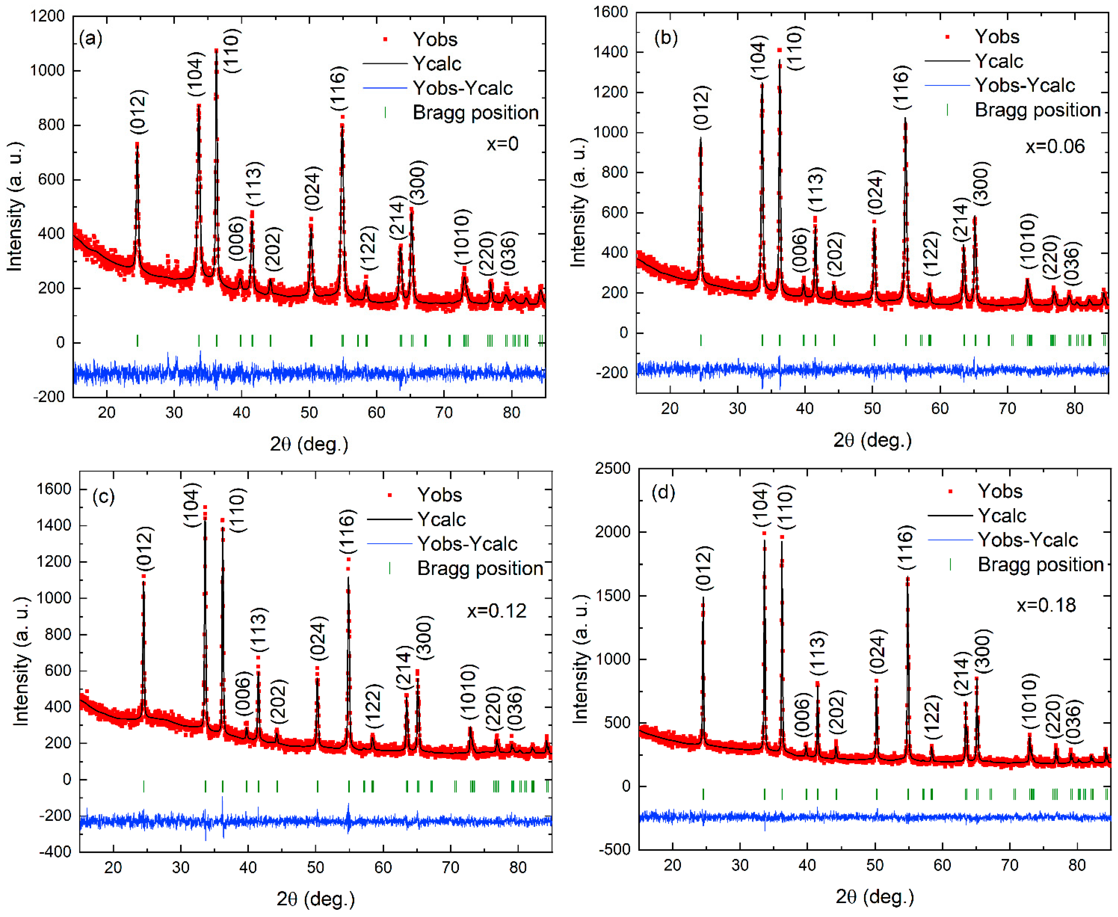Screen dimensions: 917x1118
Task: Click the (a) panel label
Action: (90, 39)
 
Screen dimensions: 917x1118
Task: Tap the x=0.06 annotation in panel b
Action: (1055, 146)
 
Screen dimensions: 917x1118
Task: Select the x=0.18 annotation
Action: (1046, 605)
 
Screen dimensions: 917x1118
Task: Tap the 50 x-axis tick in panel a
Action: (309, 412)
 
